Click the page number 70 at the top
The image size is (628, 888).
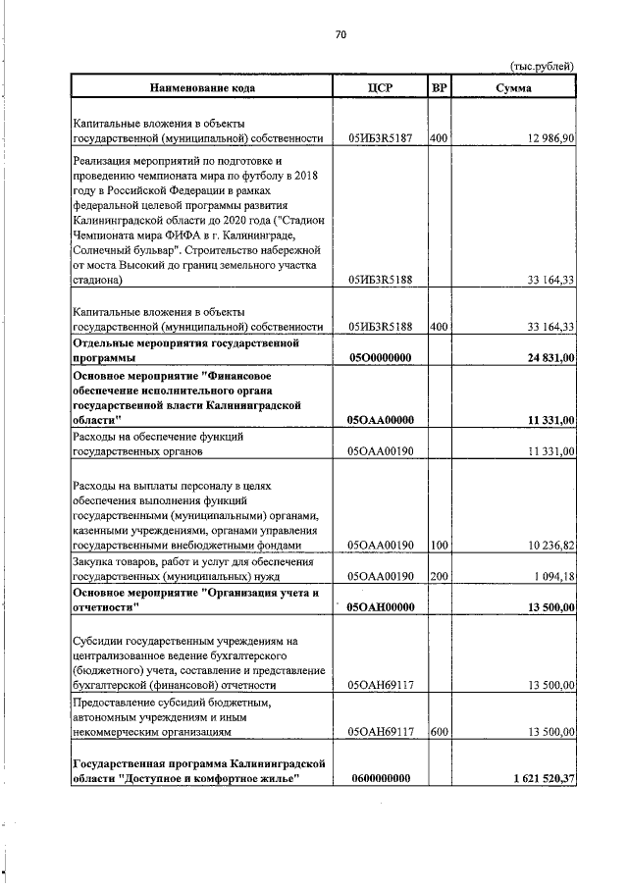click(340, 34)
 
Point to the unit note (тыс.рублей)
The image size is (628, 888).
click(542, 66)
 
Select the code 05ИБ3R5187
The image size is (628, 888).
click(380, 138)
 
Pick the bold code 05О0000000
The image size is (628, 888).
click(380, 359)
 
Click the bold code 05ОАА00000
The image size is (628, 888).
click(380, 420)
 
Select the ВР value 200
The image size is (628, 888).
click(439, 576)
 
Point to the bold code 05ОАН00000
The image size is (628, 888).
click(380, 607)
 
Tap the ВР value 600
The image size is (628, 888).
click(439, 731)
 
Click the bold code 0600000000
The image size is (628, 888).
click(380, 778)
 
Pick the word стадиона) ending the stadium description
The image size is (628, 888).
click(98, 280)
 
